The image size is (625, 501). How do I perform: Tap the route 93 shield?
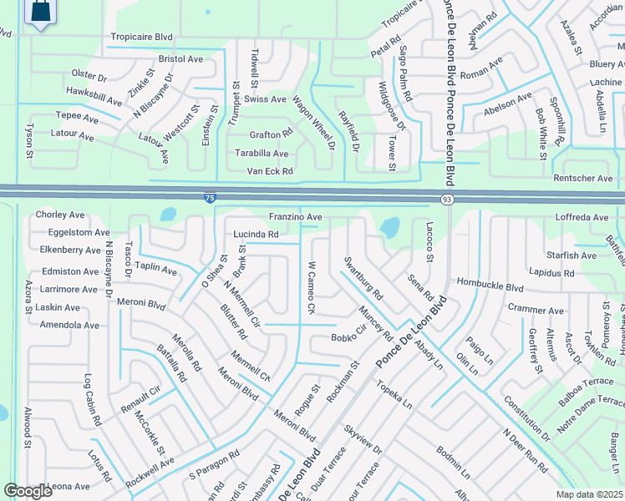pos(448,199)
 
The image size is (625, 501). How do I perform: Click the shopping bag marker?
pos(39,12)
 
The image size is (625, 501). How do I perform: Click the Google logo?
pos(29,490)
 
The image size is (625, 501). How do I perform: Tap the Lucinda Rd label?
pos(256,235)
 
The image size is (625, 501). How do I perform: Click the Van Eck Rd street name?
pos(269,171)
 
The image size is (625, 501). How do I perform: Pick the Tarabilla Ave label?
pos(262,154)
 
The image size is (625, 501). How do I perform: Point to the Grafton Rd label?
pos(271,134)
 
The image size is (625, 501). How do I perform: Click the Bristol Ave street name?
pos(181,59)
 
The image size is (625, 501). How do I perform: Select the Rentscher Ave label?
pos(583,179)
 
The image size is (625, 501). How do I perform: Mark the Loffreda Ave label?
pos(582,217)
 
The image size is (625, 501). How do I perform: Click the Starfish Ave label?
pos(568,256)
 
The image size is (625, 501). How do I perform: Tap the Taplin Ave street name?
pos(156,268)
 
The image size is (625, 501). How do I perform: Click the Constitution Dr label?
pos(526,419)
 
